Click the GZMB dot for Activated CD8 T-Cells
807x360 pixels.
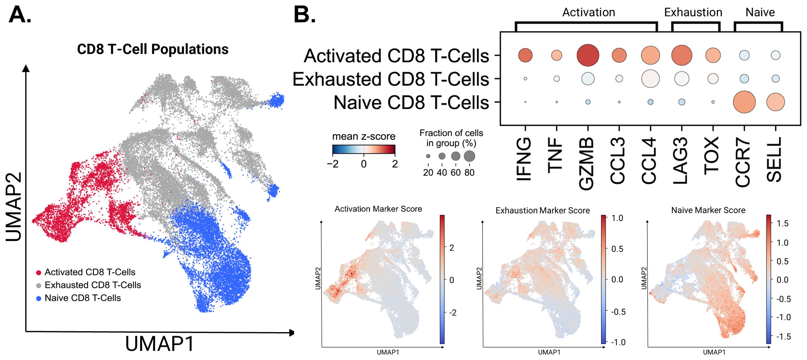click(587, 55)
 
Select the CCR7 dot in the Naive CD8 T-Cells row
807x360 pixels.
click(744, 102)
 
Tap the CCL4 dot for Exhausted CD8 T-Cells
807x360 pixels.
click(650, 79)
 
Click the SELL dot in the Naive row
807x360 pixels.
click(775, 102)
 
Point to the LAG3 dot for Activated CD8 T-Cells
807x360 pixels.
click(681, 55)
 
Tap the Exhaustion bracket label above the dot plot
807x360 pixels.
click(693, 13)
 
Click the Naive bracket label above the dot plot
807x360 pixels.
click(760, 13)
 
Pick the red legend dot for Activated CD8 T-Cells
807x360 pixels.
click(39, 273)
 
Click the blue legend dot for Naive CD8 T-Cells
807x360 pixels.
click(39, 298)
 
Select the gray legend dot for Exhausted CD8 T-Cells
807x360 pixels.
click(39, 286)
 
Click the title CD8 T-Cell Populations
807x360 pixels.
click(153, 49)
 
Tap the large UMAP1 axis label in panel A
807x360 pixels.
click(160, 344)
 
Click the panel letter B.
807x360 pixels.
click(304, 15)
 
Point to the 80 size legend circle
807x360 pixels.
click(469, 156)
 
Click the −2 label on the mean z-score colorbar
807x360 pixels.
click(333, 164)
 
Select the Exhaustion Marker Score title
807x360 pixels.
click(542, 211)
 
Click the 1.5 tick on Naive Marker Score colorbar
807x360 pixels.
click(782, 223)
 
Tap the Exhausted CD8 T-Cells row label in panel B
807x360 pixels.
click(391, 79)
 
